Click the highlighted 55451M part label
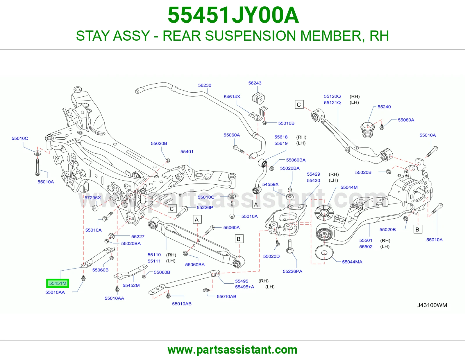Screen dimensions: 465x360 [x=58, y=283]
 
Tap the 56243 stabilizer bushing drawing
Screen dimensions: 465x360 [x=258, y=98]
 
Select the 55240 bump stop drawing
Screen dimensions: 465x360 [x=367, y=130]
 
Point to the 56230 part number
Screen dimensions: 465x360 [x=205, y=85]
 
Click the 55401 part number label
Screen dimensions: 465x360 [x=187, y=152]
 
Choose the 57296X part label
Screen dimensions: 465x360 [x=92, y=198]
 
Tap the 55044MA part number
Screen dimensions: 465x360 [x=352, y=262]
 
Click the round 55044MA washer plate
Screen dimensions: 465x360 [x=324, y=253]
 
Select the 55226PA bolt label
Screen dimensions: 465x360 [x=293, y=271]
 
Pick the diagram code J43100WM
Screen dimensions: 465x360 [x=432, y=305]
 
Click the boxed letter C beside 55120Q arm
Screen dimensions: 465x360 [x=299, y=105]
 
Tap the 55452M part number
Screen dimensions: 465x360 [x=131, y=285]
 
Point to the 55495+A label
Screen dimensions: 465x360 [x=245, y=287]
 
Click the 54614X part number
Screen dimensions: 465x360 [x=232, y=97]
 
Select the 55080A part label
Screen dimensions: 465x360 [x=406, y=120]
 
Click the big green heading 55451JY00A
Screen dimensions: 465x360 [x=233, y=15]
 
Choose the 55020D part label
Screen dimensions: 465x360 [x=271, y=256]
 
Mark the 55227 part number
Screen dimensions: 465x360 [x=138, y=237]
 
